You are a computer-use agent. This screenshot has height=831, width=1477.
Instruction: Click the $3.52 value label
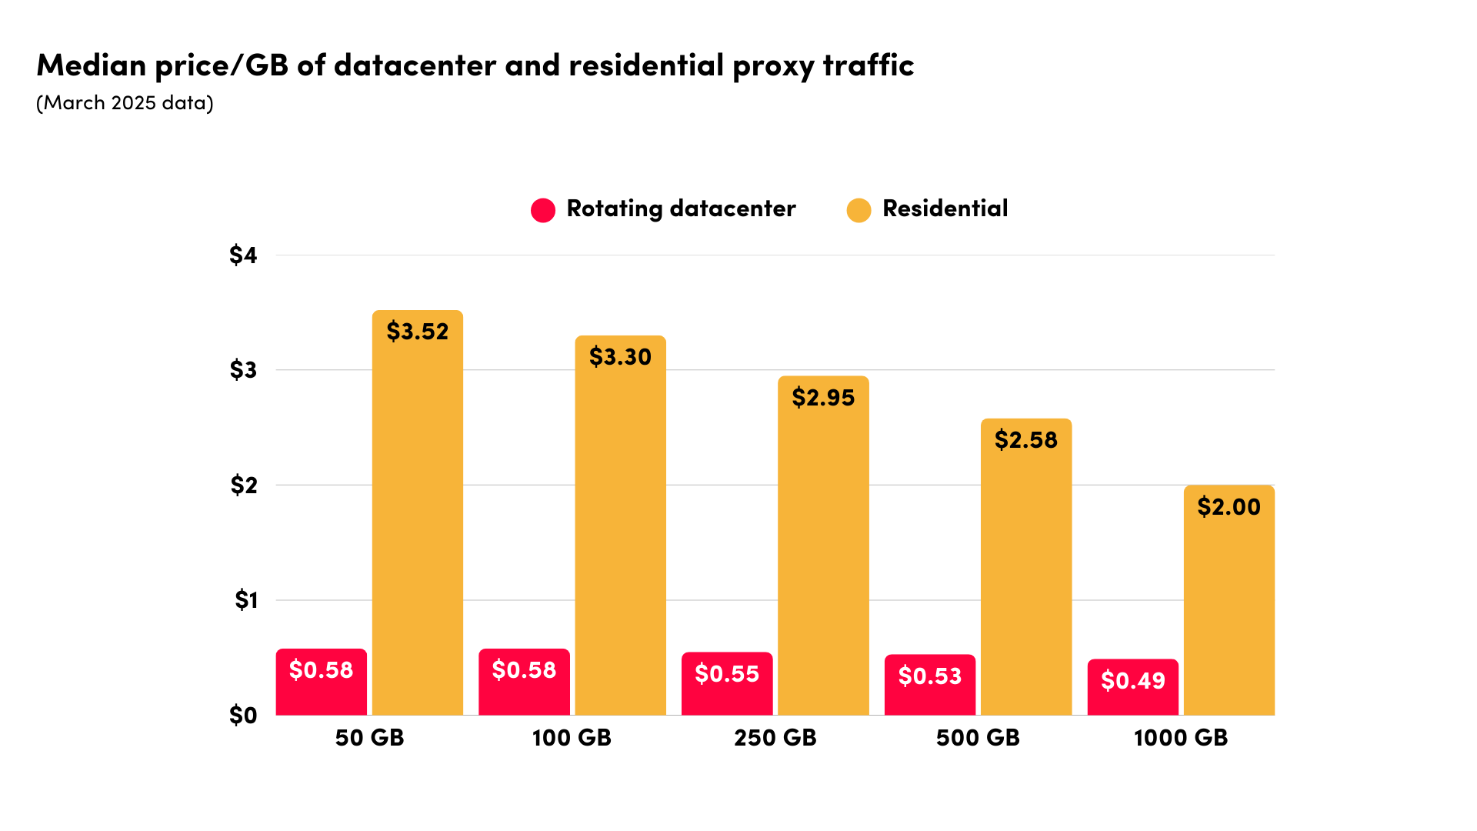pyautogui.click(x=417, y=332)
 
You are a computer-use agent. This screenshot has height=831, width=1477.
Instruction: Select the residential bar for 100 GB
pyautogui.click(x=620, y=539)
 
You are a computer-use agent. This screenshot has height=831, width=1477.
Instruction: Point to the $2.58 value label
pyautogui.click(x=1025, y=440)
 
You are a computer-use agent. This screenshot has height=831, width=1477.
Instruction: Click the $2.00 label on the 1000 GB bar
pyautogui.click(x=1229, y=507)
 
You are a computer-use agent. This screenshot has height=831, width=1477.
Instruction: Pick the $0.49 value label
pyautogui.click(x=1132, y=681)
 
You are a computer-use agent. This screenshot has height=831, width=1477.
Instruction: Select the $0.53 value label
pyautogui.click(x=929, y=676)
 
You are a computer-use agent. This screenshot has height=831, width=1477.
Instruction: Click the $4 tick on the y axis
pyautogui.click(x=243, y=255)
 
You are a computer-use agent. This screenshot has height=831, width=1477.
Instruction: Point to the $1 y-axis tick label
pyautogui.click(x=245, y=599)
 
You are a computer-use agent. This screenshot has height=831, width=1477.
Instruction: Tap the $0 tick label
pyautogui.click(x=243, y=715)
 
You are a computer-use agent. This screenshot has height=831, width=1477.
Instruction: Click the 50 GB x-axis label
pyautogui.click(x=369, y=738)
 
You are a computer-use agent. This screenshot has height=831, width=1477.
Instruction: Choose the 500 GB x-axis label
pyautogui.click(x=978, y=738)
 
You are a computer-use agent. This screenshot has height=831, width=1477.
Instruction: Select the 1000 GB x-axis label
pyautogui.click(x=1181, y=738)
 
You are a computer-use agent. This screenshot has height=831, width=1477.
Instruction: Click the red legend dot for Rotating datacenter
pyautogui.click(x=543, y=210)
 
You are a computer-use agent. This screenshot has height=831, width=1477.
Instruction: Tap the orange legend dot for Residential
pyautogui.click(x=859, y=210)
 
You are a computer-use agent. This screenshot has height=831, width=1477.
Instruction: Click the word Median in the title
pyautogui.click(x=92, y=65)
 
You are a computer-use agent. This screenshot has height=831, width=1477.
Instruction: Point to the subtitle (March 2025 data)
pyautogui.click(x=125, y=103)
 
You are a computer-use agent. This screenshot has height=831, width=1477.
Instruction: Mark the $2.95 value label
pyautogui.click(x=823, y=398)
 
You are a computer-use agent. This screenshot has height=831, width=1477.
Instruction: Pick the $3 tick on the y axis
pyautogui.click(x=243, y=370)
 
